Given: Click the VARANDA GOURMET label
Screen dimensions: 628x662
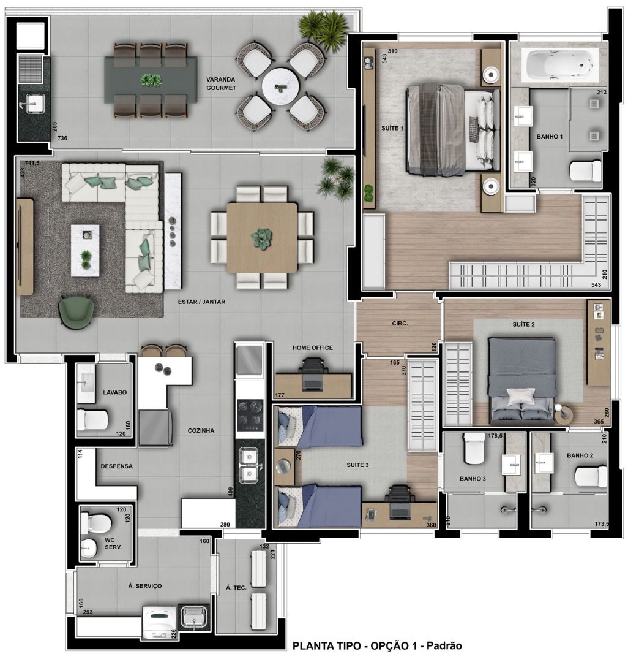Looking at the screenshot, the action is (221, 83).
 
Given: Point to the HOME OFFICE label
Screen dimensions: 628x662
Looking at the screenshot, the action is (312, 348).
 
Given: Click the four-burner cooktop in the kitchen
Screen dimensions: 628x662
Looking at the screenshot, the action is (250, 414).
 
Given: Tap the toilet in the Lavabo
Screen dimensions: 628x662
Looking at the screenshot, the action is (92, 420).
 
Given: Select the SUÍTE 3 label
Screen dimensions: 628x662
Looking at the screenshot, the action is (357, 465).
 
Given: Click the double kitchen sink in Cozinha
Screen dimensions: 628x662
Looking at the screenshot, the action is (249, 465).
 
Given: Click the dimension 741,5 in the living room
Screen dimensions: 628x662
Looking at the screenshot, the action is (32, 163).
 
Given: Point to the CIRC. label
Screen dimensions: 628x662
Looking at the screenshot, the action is (400, 324).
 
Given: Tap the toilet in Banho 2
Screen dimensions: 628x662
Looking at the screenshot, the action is (591, 476).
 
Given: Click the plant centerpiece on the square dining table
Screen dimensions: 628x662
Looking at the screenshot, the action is (261, 239).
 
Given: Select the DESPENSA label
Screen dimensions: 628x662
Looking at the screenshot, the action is (116, 466).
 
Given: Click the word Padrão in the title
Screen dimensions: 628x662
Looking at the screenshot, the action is (444, 645).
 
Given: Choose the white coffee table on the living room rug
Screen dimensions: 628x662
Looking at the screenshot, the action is (85, 250).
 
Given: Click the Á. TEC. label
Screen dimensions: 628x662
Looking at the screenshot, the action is (236, 587).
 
